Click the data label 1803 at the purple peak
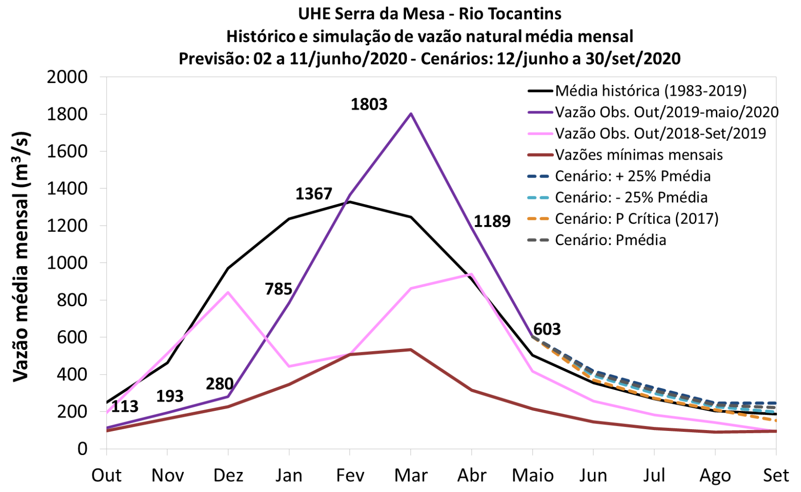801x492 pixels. coord(369,104)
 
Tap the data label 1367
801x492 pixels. coord(314,194)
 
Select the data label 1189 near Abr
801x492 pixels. coord(492,221)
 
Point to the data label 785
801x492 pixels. coord(279,289)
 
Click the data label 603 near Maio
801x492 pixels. coord(547,329)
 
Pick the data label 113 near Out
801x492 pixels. coord(124,406)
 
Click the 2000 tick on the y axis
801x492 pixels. coord(67,77)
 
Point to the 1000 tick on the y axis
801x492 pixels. coord(67,263)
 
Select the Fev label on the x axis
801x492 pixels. coord(350,475)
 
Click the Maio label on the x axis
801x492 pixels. coord(532,475)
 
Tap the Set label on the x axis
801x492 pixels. coord(776,475)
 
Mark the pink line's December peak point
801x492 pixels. coord(228,292)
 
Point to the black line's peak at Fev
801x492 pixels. coord(350,202)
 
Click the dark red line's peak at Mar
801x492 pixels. coord(411,349)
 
